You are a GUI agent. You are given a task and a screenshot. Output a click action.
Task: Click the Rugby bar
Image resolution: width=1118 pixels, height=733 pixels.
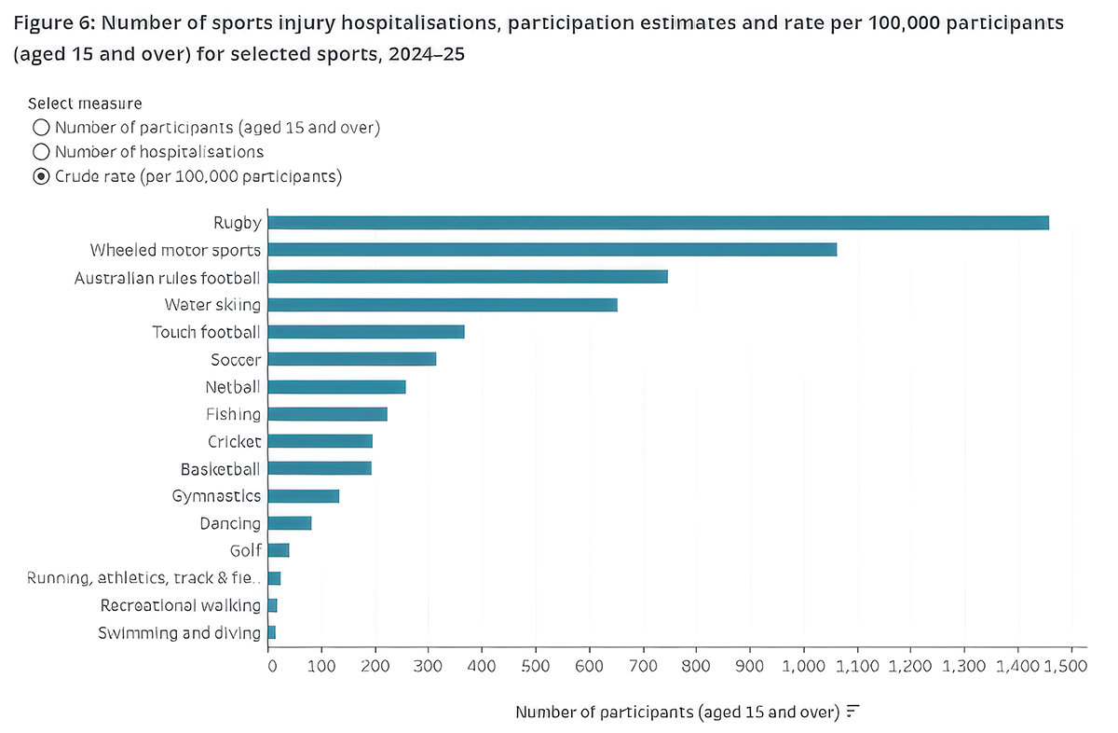(x=659, y=222)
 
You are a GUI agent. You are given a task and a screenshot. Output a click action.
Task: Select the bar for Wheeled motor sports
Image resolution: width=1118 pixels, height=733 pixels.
(x=552, y=249)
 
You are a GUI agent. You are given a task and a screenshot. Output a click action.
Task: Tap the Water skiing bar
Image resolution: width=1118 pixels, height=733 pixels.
(x=443, y=304)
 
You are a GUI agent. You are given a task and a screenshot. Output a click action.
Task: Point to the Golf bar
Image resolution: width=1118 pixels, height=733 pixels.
(x=279, y=550)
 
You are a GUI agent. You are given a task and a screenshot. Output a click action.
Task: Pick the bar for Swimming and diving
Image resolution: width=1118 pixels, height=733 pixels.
(x=271, y=632)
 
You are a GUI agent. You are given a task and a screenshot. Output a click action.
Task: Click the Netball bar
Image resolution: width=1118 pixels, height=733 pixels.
(x=337, y=387)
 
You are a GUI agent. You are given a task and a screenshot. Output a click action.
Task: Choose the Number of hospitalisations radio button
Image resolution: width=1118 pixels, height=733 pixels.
(x=41, y=152)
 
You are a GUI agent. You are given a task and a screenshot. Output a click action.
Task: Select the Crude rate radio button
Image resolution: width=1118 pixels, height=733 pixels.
(x=41, y=176)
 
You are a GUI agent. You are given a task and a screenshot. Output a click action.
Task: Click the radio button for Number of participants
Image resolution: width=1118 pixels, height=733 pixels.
(x=41, y=128)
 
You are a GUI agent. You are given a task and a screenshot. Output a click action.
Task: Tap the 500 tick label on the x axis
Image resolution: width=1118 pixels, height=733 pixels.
(x=536, y=666)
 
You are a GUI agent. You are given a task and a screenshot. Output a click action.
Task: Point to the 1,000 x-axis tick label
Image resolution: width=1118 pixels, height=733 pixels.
(x=803, y=666)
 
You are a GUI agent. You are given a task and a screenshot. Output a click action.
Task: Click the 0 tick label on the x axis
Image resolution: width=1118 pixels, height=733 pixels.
(x=272, y=666)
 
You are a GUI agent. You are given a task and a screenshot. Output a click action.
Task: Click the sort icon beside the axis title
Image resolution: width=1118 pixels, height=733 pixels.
(x=853, y=711)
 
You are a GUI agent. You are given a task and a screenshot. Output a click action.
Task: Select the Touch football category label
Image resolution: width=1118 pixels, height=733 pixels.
(x=206, y=332)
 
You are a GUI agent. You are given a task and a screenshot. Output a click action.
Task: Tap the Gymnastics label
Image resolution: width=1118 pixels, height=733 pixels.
(x=216, y=496)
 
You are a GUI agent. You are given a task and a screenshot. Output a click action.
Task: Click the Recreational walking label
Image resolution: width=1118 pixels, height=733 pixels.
(x=181, y=605)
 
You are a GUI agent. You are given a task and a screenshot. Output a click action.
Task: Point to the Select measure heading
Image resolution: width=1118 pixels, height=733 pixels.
(x=85, y=104)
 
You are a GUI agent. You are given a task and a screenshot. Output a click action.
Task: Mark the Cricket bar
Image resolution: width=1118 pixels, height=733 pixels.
(x=320, y=441)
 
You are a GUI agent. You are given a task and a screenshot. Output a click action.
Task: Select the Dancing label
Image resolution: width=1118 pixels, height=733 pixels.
(x=230, y=524)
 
